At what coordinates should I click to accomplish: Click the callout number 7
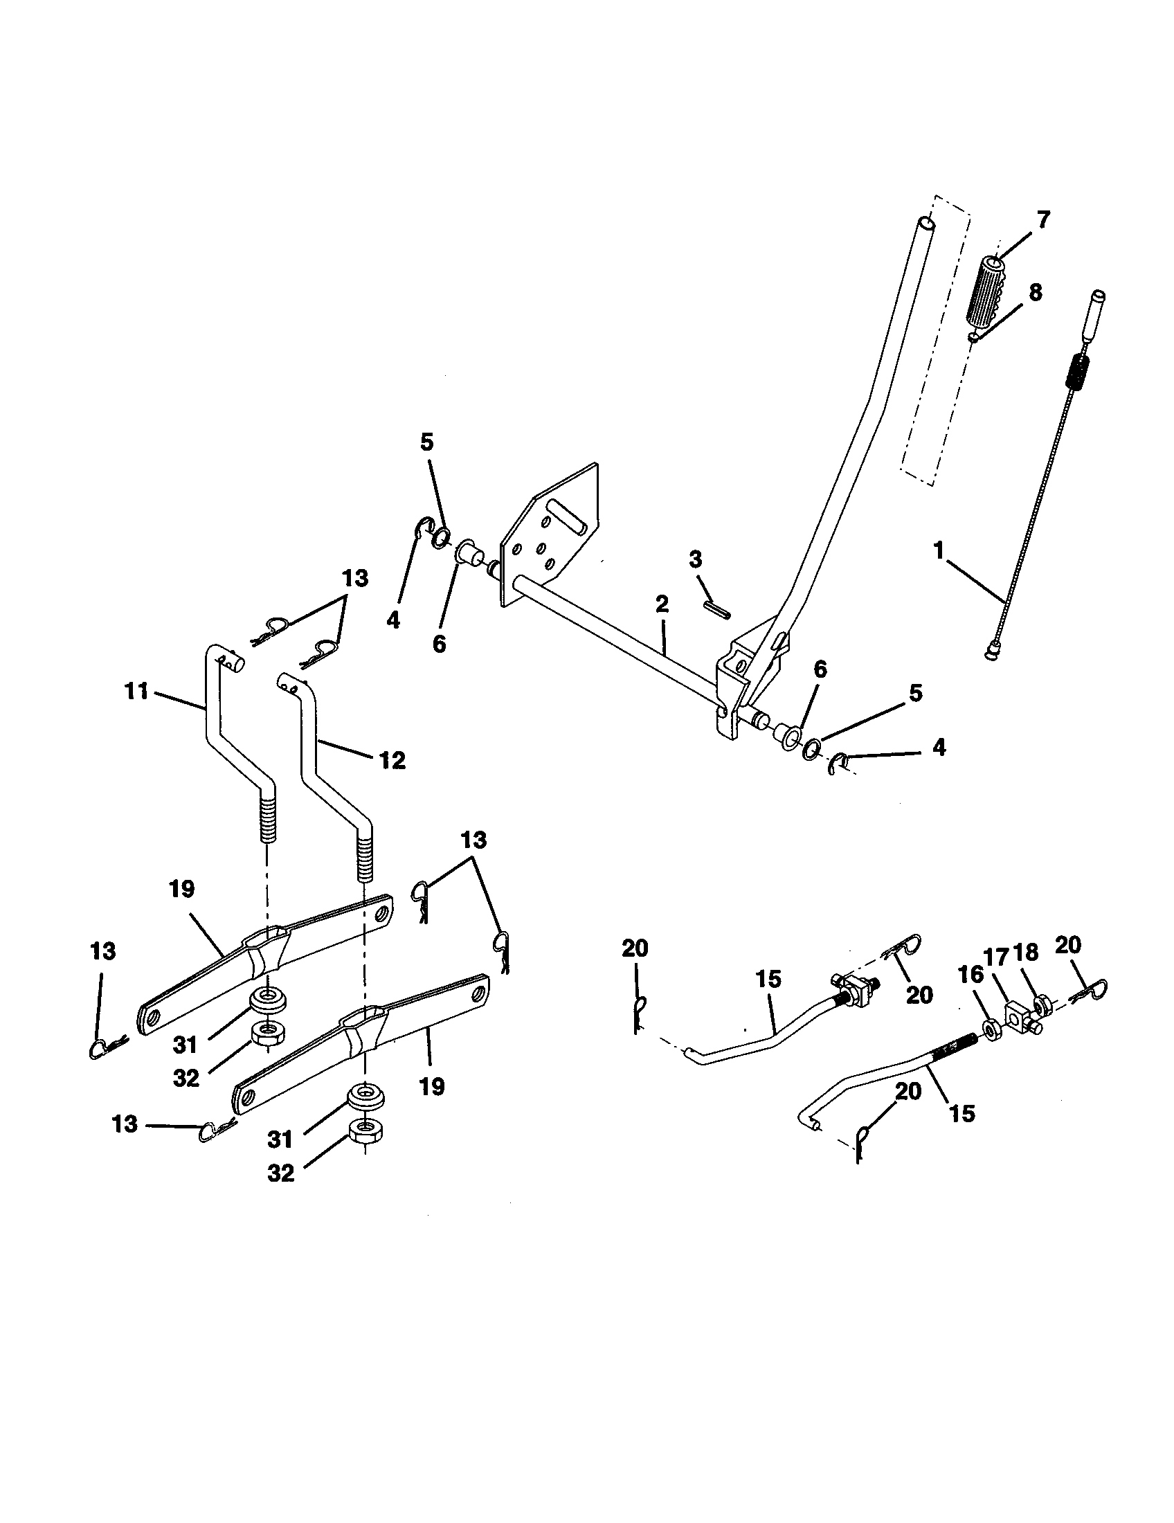tap(1042, 221)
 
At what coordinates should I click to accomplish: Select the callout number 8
tap(1036, 293)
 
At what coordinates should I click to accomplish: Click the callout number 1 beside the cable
tap(939, 552)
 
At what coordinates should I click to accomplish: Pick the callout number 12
tap(392, 760)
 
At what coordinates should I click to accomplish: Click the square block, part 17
tap(1019, 1016)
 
